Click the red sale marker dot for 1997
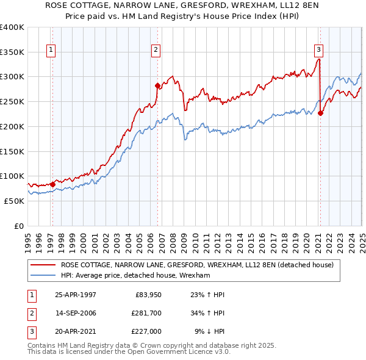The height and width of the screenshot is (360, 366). pos(52,184)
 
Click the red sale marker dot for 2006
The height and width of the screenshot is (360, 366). pos(157,85)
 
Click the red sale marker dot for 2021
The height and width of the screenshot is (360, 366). pos(320,113)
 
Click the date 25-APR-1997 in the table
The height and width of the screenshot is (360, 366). pos(76,295)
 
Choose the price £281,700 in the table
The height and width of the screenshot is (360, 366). pos(146,313)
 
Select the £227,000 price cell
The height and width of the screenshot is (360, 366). pos(146,331)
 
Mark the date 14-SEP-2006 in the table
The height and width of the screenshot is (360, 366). pos(76,313)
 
